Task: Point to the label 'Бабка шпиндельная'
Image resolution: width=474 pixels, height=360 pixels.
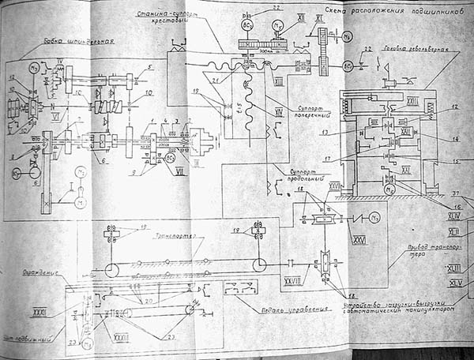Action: click(x=77, y=41)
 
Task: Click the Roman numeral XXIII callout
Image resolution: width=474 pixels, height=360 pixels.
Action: click(x=121, y=337)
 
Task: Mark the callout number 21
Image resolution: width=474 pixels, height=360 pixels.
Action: click(x=214, y=80)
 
